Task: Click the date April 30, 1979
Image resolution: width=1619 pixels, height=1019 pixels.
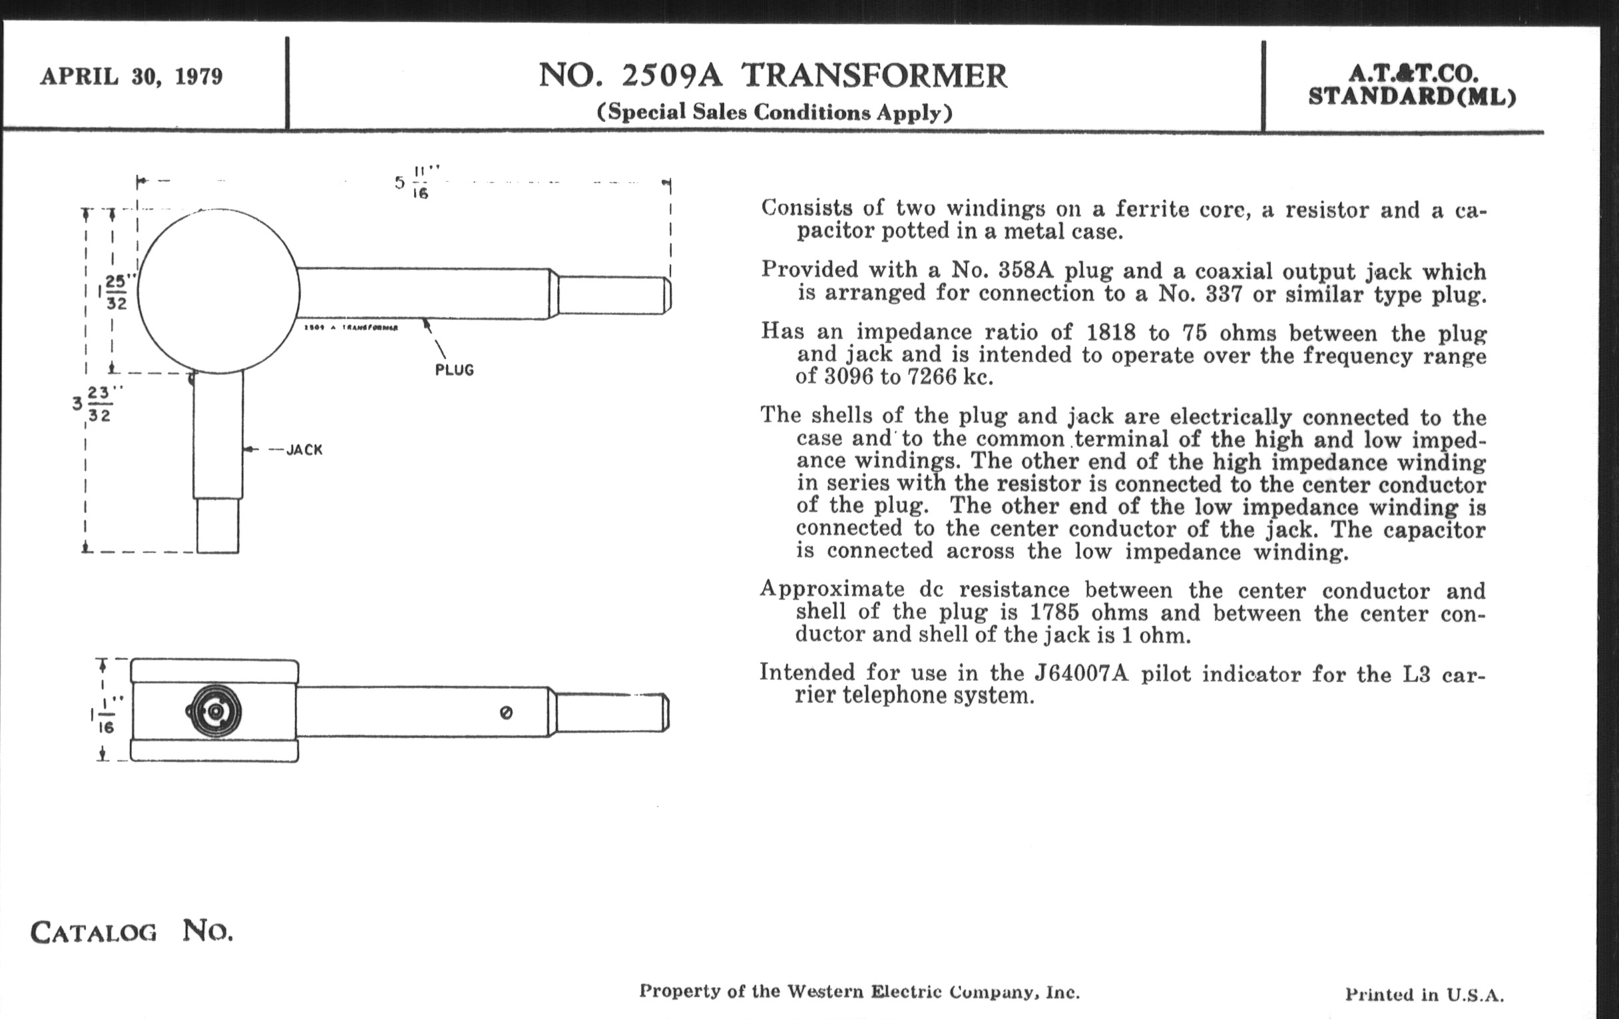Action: [131, 76]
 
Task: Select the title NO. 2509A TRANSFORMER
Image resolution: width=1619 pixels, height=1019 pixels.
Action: [772, 75]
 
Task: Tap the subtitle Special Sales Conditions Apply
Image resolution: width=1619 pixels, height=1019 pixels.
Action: [774, 112]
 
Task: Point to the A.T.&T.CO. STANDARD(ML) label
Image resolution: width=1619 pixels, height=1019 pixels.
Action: [1412, 85]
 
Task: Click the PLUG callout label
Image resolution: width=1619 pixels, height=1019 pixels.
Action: [455, 370]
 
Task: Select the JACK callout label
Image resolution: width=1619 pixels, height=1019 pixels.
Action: [305, 450]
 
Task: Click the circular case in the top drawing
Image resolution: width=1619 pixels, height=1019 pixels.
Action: [218, 291]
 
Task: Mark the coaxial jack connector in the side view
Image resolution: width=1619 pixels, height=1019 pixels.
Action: [214, 711]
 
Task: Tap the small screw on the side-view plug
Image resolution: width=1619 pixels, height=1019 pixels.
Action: [507, 713]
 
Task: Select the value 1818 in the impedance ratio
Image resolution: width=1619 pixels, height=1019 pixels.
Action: [1110, 332]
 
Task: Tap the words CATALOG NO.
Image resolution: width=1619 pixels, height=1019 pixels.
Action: [132, 932]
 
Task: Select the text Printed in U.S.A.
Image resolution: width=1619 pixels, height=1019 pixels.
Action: [1424, 994]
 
